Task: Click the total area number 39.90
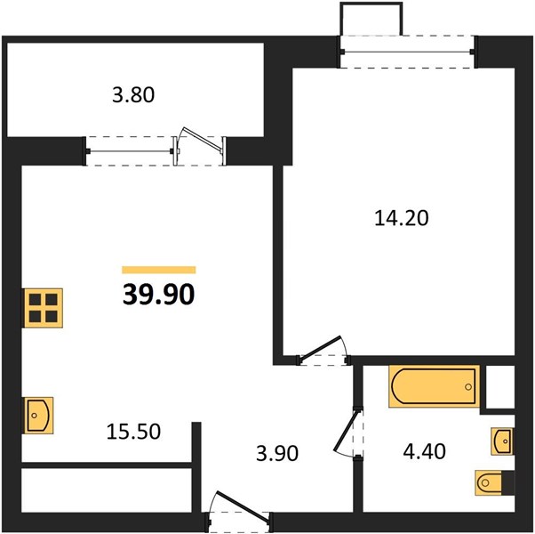(x=159, y=295)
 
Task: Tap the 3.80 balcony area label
(x=133, y=95)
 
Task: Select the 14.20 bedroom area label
(x=402, y=218)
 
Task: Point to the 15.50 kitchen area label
(x=133, y=431)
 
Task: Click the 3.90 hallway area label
(x=277, y=454)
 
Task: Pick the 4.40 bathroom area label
(x=424, y=451)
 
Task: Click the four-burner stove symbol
(x=43, y=308)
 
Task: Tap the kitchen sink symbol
(x=38, y=416)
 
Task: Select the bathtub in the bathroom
(x=434, y=386)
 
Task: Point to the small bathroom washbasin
(x=501, y=441)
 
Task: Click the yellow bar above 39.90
(x=159, y=270)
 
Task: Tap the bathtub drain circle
(x=468, y=387)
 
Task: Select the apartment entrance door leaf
(x=243, y=507)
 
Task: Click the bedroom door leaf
(x=319, y=348)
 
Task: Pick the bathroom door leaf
(x=347, y=430)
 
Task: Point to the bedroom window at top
(x=409, y=52)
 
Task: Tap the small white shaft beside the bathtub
(x=499, y=386)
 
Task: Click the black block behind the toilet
(x=508, y=482)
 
